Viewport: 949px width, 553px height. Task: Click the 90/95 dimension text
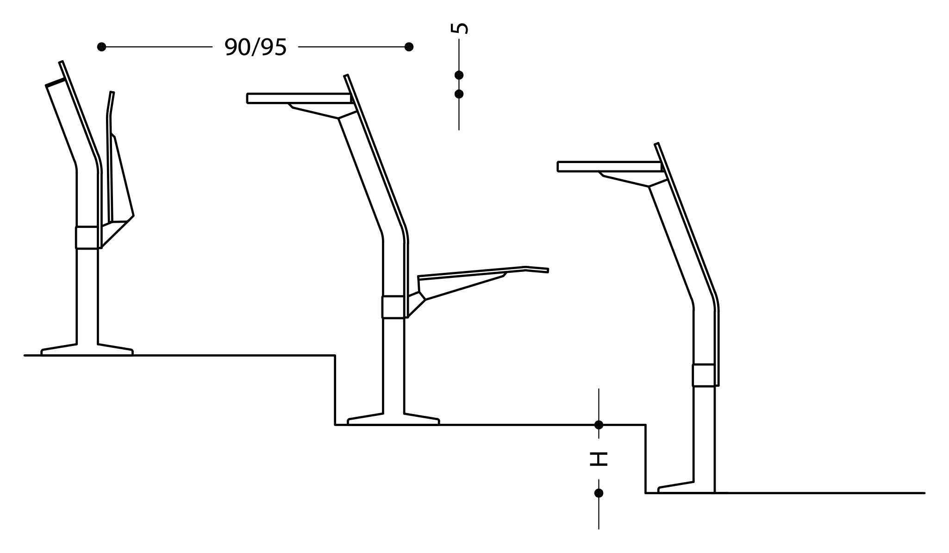click(x=256, y=47)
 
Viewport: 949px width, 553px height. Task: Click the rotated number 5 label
click(x=459, y=28)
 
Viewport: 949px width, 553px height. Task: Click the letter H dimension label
click(x=599, y=459)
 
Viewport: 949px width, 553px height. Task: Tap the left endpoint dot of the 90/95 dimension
click(x=102, y=47)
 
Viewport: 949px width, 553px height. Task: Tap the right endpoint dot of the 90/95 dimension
click(x=409, y=47)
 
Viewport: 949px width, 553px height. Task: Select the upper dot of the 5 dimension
click(x=459, y=75)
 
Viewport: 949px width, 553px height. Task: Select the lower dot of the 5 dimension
click(x=459, y=94)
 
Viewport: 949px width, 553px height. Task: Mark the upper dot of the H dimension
click(x=599, y=425)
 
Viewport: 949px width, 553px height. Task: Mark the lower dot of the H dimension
click(x=599, y=493)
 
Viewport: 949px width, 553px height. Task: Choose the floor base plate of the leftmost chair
click(x=87, y=350)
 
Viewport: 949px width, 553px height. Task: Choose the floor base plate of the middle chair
click(x=393, y=419)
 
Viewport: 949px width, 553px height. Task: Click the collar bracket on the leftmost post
click(x=87, y=238)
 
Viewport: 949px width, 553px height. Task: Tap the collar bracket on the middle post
click(x=393, y=307)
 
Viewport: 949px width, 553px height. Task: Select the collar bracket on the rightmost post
click(x=704, y=375)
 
